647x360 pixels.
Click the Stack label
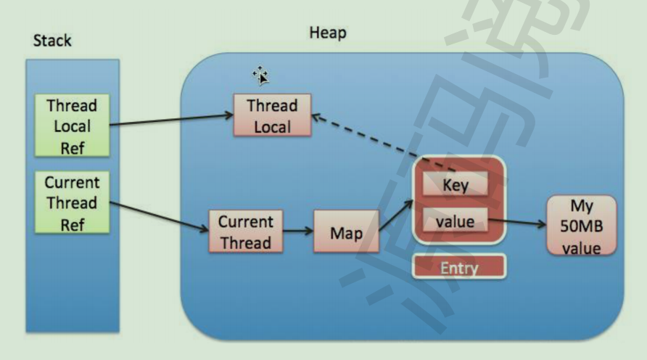[x=53, y=40]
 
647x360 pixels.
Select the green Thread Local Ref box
[x=72, y=126]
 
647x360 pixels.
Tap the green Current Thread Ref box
[x=72, y=202]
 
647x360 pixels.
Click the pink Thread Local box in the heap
[x=272, y=115]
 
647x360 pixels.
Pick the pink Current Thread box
[x=245, y=232]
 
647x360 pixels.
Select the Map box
[x=346, y=232]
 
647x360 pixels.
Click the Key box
[x=455, y=184]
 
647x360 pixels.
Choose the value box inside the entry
[x=455, y=221]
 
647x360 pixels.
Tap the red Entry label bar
[x=459, y=268]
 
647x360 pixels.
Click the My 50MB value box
[x=581, y=225]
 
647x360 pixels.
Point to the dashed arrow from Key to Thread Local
[x=363, y=141]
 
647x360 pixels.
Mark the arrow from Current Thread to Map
[x=298, y=232]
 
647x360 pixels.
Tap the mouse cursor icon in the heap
[x=260, y=74]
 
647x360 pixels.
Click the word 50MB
[x=581, y=225]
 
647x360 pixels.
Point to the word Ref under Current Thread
[x=72, y=224]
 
